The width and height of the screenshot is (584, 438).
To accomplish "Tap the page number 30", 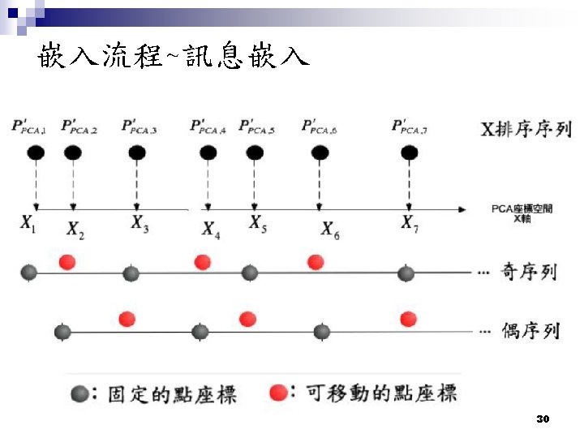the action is pos(543,419).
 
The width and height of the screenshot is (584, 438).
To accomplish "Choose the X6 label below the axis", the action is pos(330,230).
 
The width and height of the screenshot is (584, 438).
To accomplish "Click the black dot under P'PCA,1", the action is pos(35,152).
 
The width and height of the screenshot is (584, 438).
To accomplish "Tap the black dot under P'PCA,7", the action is pos(410,152).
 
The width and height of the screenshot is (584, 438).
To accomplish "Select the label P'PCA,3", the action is pos(139,127).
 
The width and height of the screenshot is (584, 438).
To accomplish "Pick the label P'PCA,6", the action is pos(320,127).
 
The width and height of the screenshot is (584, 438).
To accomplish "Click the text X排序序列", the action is pos(526,129).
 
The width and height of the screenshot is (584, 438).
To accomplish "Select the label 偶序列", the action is pos(530,331).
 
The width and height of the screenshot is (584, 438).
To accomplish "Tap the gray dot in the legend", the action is pos(79,394).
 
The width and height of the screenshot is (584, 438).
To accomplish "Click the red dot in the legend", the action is pos(279,393).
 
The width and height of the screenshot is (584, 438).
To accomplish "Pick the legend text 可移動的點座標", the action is pos(381,393).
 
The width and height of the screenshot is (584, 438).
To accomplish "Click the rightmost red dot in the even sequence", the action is pos(408,319).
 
